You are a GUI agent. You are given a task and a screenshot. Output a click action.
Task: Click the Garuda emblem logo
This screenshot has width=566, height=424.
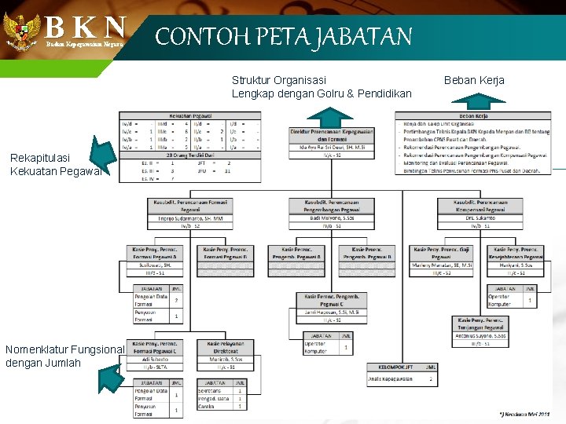pos(21,31)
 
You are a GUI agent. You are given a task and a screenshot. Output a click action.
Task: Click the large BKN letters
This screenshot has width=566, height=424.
pos(85,27)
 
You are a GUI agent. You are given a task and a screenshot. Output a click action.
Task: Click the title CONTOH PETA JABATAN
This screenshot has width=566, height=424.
pos(283,37)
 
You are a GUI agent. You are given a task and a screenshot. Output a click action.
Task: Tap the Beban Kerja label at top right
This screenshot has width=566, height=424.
pos(474,80)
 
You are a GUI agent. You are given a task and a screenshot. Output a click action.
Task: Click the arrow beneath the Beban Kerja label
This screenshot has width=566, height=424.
pos(475,101)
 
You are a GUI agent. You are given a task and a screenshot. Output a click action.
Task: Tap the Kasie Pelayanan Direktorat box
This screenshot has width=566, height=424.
pos(226,347)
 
